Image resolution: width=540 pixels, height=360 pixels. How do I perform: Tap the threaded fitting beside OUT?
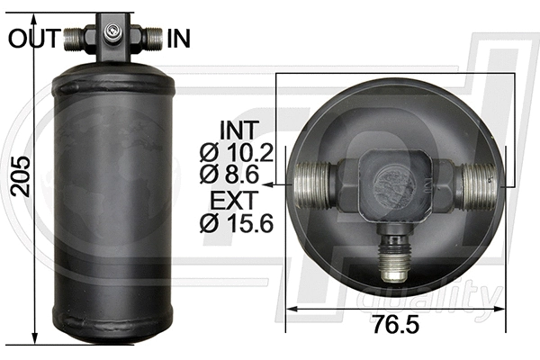(x=75, y=38)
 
